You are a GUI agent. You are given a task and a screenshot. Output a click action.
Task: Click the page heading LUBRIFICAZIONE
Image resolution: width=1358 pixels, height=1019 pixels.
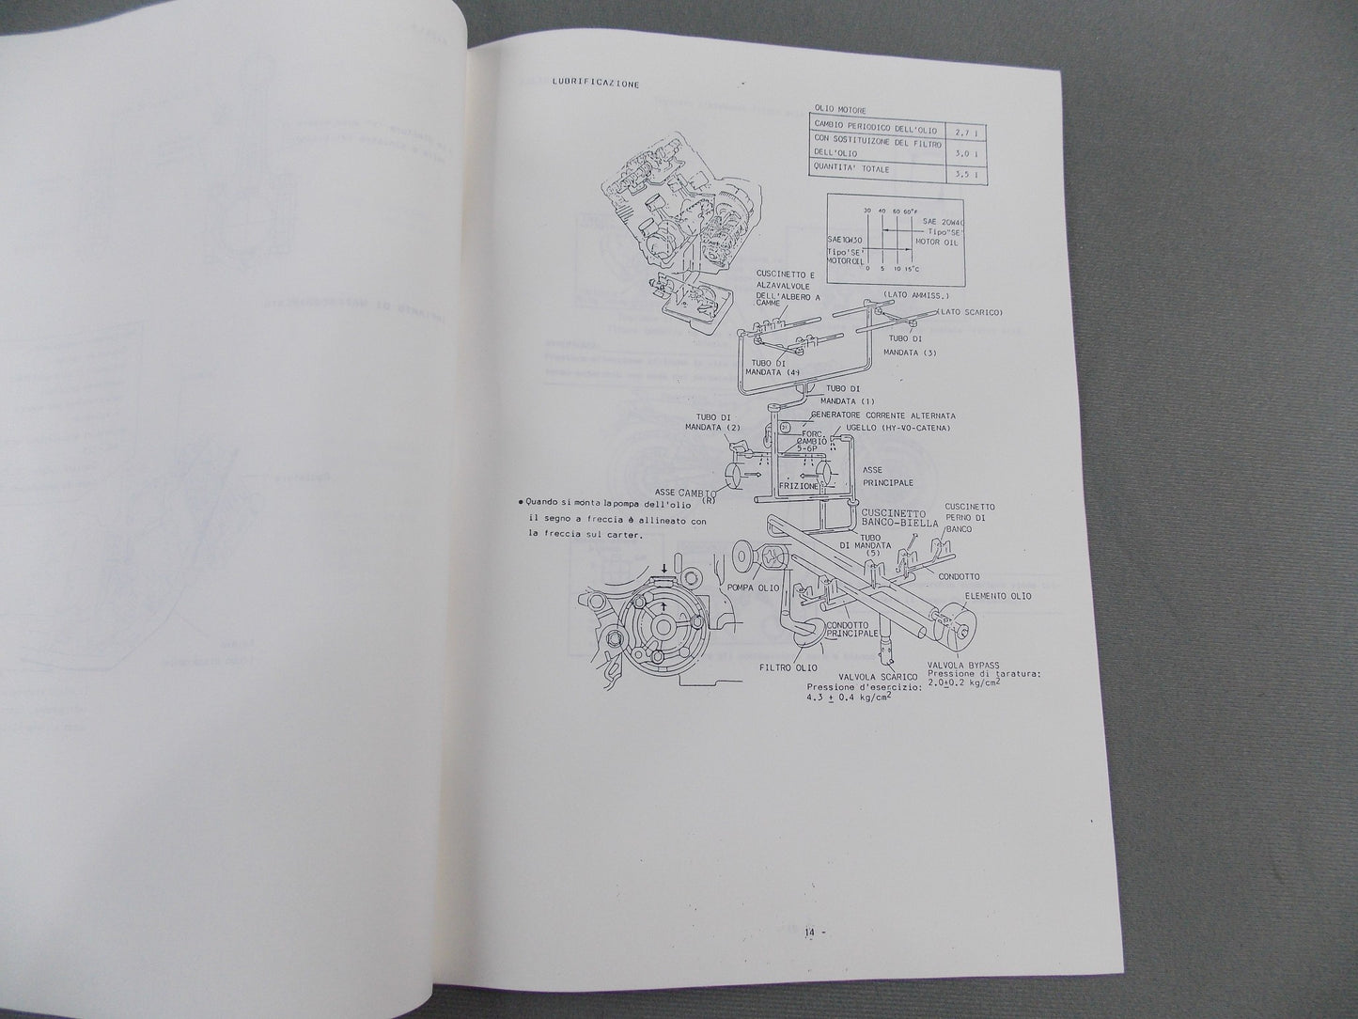point(590,84)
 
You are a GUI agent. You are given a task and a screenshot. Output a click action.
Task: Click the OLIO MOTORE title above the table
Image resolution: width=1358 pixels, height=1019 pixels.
point(836,107)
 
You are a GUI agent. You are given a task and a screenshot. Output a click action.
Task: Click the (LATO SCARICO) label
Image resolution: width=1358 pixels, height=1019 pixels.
point(971,312)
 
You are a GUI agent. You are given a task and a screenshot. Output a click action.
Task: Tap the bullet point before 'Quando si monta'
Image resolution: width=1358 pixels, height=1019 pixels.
point(520,503)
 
